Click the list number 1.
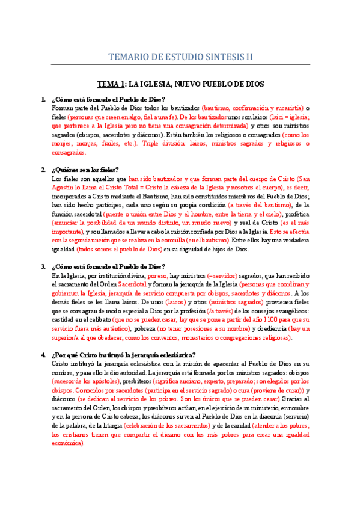coord(43,99)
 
